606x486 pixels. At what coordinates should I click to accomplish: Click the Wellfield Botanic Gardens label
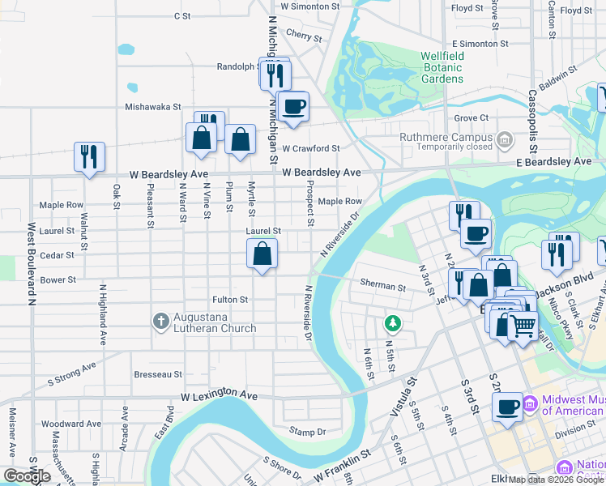(442, 67)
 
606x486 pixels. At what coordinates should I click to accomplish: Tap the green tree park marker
(393, 324)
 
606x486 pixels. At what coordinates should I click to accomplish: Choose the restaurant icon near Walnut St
(88, 156)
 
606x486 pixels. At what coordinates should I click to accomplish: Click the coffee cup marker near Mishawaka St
(292, 105)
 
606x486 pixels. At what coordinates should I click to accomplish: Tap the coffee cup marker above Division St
(507, 407)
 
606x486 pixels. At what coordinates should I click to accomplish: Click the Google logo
(27, 476)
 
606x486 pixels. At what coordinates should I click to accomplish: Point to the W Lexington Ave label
(219, 396)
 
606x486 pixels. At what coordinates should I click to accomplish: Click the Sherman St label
(382, 287)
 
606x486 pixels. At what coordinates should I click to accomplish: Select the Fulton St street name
(229, 300)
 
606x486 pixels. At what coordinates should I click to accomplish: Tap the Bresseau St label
(158, 374)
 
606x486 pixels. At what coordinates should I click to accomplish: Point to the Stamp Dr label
(307, 432)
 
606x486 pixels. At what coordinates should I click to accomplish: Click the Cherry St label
(304, 36)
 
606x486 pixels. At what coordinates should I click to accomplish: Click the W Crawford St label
(310, 148)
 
